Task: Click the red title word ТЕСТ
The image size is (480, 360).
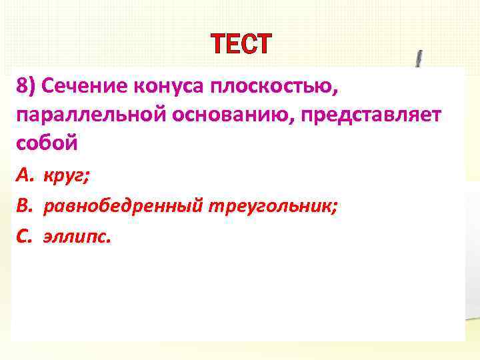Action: click(x=241, y=45)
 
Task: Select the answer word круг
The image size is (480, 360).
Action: click(x=66, y=177)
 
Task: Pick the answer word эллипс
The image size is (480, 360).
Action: click(x=75, y=237)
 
